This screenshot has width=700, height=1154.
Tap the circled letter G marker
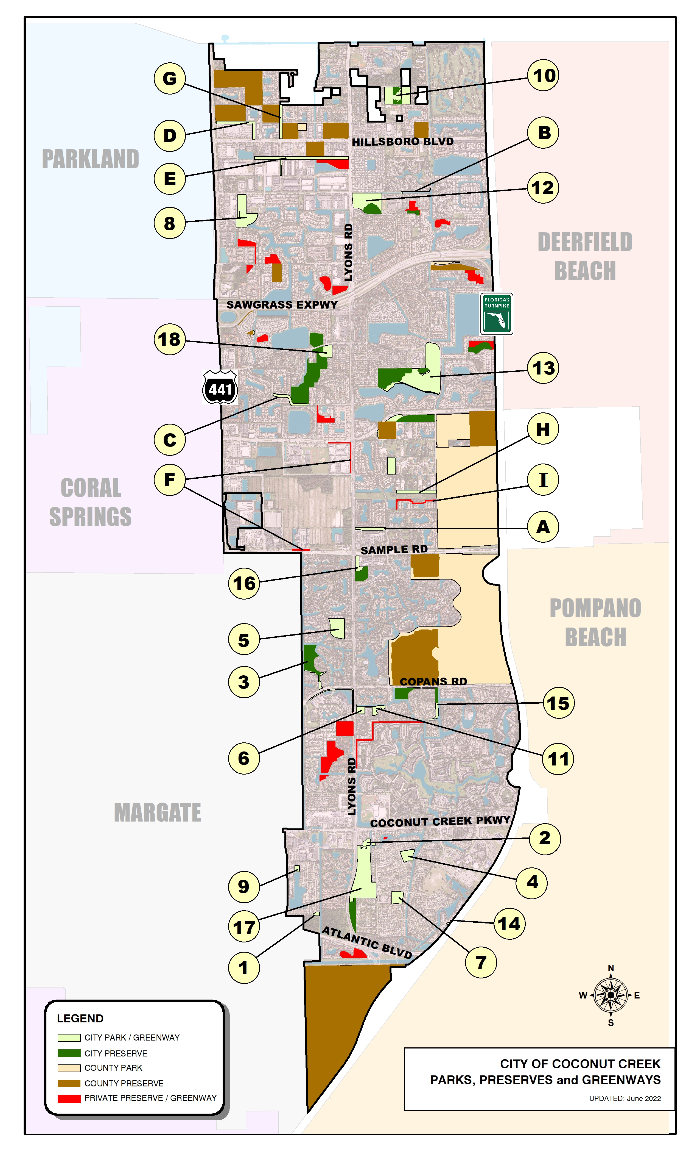[x=169, y=78]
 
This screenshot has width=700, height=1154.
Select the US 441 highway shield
[x=220, y=388]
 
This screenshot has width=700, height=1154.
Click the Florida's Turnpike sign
[x=497, y=314]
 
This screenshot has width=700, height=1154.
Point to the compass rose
[x=611, y=995]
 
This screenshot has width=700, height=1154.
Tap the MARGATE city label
[x=157, y=812]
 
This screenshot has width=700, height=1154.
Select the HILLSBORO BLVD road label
[x=402, y=142]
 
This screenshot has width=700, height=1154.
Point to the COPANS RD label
[x=433, y=681]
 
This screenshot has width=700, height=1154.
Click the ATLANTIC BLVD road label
[x=367, y=942]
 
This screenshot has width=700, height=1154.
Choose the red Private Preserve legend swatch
[x=69, y=1098]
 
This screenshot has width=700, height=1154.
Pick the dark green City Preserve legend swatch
[x=69, y=1053]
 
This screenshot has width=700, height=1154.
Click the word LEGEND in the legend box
[x=80, y=1019]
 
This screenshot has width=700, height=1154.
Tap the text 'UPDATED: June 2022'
[x=625, y=1099]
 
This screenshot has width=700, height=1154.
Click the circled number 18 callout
[x=169, y=339]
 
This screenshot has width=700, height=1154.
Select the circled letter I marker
[x=543, y=479]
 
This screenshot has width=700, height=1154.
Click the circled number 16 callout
[x=244, y=583]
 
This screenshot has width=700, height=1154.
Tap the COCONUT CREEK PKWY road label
[x=440, y=822]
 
